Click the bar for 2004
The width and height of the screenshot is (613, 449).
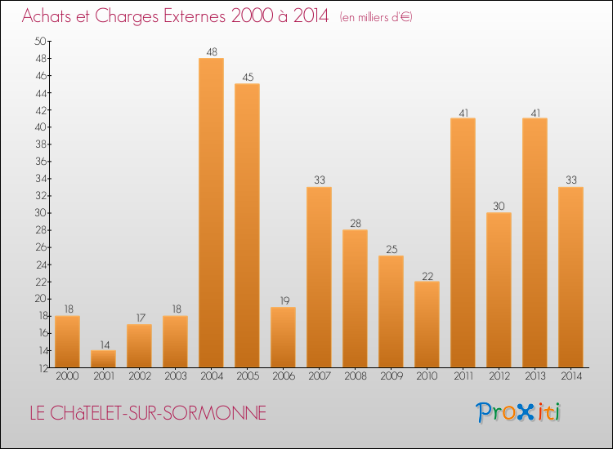point(211,212)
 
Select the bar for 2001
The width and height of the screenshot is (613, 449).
point(103,358)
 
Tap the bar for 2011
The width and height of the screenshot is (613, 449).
point(463,242)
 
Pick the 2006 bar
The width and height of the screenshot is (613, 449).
point(283,336)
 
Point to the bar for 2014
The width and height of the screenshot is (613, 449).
point(570,277)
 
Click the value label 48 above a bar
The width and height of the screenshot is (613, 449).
point(211,51)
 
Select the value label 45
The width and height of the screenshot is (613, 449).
point(247,78)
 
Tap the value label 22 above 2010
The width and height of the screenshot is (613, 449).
point(427,274)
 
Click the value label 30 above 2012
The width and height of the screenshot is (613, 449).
point(499,206)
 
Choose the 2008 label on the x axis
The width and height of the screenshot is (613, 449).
point(355,377)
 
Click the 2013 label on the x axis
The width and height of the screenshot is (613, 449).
point(535,377)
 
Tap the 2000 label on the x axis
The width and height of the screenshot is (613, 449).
point(67,377)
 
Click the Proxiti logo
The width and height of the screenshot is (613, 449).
point(518,412)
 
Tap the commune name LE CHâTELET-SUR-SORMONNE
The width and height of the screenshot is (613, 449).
point(147,413)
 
